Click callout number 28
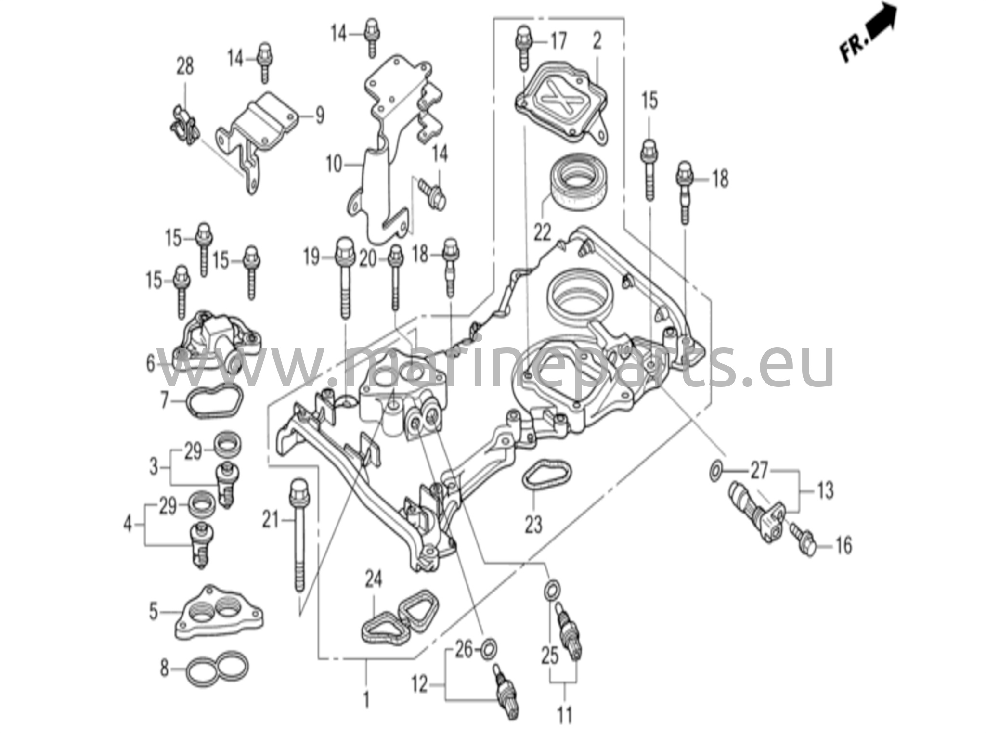(x=185, y=66)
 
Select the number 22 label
(x=542, y=233)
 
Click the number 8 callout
(x=165, y=668)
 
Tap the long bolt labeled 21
(x=298, y=534)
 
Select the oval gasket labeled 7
(x=214, y=400)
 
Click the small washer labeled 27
(x=715, y=470)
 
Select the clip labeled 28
(x=184, y=125)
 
